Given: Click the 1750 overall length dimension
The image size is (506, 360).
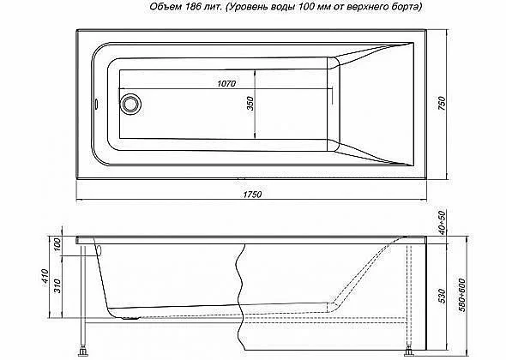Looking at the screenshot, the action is pos(252,195).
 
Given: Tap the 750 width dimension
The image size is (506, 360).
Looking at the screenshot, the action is pos(442,103).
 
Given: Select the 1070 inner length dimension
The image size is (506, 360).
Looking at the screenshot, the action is pos(226,83).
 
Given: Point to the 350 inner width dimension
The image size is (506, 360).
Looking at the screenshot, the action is pos(250,103).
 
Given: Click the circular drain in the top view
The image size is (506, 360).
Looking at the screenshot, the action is pos(131,104).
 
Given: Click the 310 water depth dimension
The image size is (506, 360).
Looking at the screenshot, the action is pos(57,285).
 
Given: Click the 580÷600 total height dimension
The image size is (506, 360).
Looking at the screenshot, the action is pos(461,295).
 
